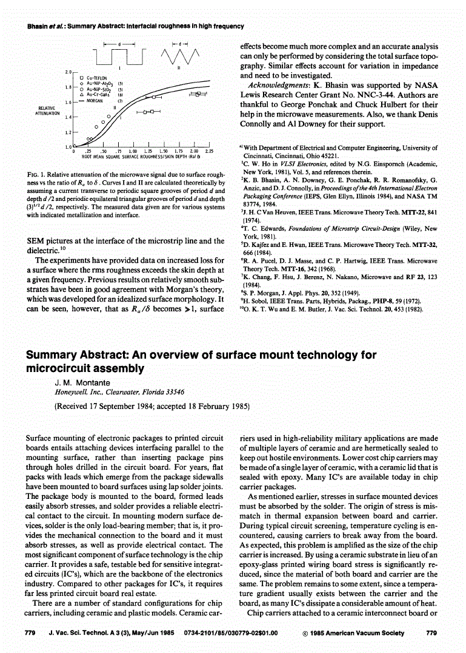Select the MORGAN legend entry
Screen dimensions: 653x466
97,101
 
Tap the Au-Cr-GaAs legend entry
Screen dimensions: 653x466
99,95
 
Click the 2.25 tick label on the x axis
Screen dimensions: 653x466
208,151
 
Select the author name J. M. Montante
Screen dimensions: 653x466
80,383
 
